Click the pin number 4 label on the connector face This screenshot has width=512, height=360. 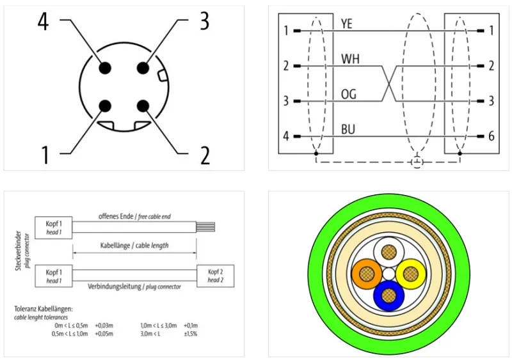click(x=44, y=22)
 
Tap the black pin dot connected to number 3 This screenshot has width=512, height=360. click(x=143, y=68)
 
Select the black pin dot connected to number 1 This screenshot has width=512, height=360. click(x=105, y=106)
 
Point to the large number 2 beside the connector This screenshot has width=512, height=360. click(x=205, y=155)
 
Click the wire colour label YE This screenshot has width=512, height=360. click(x=346, y=24)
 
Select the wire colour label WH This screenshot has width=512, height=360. click(x=350, y=59)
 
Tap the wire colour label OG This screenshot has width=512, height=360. click(x=348, y=95)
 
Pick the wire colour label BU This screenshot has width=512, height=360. click(x=348, y=130)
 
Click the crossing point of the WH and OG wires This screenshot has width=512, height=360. click(x=389, y=84)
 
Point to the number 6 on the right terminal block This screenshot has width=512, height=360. click(x=491, y=136)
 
